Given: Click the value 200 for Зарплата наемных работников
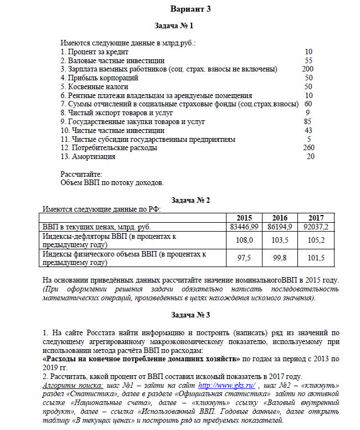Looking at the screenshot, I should tap(307, 69).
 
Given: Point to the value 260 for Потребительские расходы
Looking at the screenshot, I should tap(308, 148).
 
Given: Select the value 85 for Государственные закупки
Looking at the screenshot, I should tap(307, 121).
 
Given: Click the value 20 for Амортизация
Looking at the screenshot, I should tap(310, 157).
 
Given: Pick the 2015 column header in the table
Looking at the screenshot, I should tap(244, 218).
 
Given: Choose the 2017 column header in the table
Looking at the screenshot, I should tap(316, 218).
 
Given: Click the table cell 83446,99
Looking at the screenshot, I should tap(244, 227).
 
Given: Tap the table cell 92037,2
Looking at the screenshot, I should tap(316, 227).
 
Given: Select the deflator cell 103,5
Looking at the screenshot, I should tap(280, 240).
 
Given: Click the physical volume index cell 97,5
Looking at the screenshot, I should tap(244, 258).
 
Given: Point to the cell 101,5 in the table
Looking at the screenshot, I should tap(316, 258).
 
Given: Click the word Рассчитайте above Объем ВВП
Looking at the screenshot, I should tap(81, 174).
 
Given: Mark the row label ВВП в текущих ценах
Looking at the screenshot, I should tap(96, 227).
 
